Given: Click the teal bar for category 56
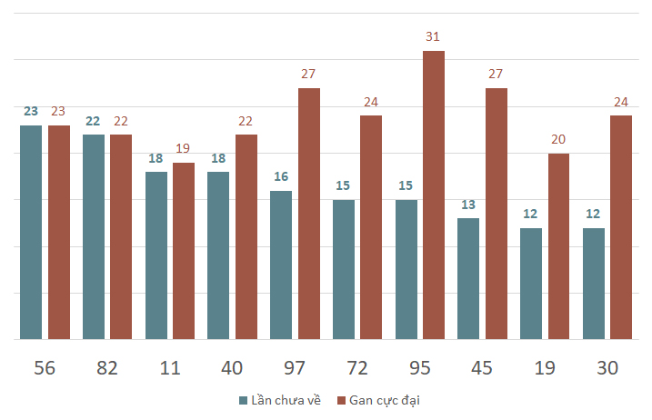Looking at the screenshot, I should pos(31,232).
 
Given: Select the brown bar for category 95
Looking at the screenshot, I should pos(434,195).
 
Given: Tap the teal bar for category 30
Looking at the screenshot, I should pos(594,283).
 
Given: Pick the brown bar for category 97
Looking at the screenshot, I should pos(309,214).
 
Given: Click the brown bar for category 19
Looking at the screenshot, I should pos(558,246).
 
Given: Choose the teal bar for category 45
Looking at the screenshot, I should pos(468,278).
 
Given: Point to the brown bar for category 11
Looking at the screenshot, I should pos(184,251).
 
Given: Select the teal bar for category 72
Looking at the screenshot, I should pos(344,269).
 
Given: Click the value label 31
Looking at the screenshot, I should pos(434,36).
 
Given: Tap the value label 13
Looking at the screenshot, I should pos(468,204).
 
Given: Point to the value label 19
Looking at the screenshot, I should pos(184,148).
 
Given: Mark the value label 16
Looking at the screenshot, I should pos(281,176).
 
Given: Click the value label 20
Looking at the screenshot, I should pos(558,139).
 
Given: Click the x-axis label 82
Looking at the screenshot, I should pos(107,368).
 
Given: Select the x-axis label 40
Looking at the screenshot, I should pos(233,368).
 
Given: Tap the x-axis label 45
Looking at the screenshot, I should pos(483,368).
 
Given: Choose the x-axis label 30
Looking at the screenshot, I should pos(607,368).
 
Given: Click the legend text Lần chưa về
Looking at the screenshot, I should pos(286,400).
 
